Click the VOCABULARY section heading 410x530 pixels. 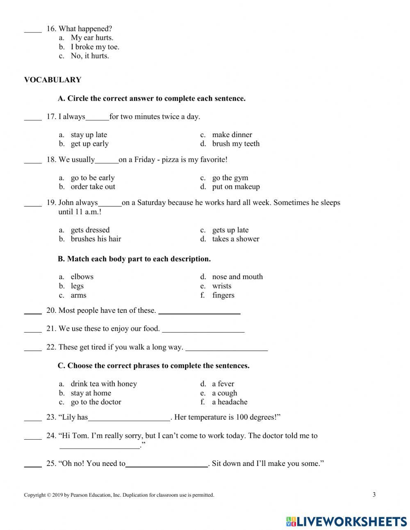[52, 80]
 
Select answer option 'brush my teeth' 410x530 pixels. [236, 144]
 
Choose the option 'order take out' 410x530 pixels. [93, 187]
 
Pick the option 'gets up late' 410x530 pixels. [230, 230]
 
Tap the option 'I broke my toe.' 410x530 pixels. [95, 47]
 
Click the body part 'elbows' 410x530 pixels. [82, 277]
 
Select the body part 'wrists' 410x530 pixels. [221, 286]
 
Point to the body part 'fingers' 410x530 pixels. [223, 295]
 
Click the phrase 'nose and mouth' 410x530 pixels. [237, 277]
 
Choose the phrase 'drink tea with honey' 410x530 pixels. [104, 384]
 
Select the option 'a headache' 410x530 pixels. [230, 402]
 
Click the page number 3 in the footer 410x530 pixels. [374, 494]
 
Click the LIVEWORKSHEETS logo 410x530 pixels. [346, 521]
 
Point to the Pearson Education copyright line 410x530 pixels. [119, 495]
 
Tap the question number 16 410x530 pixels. [51, 29]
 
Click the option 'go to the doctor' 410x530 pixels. [96, 402]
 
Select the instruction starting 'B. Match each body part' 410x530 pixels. [134, 259]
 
